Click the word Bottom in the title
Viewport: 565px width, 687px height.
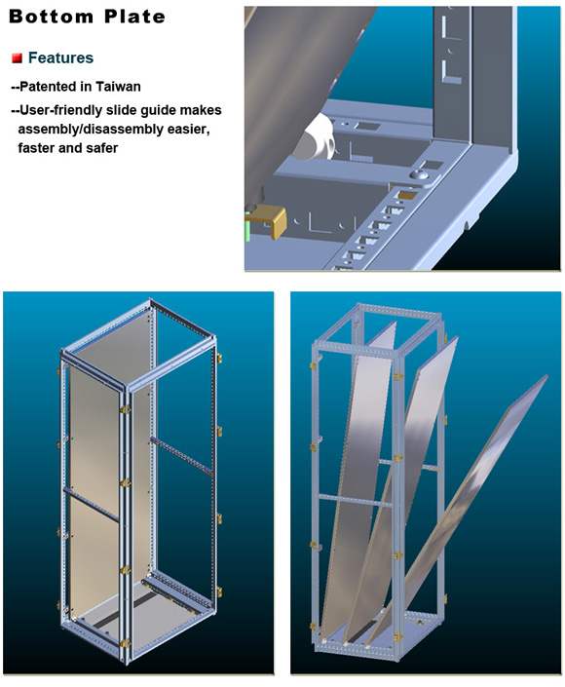51,17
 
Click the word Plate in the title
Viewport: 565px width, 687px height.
134,17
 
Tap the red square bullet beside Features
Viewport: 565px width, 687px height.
18,57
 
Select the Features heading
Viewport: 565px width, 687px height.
60,57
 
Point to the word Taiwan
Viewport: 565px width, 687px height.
118,87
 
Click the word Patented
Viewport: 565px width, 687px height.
49,87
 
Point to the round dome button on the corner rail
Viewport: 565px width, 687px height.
421,175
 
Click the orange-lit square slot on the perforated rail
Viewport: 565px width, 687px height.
408,195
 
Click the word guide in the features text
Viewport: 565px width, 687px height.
161,110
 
